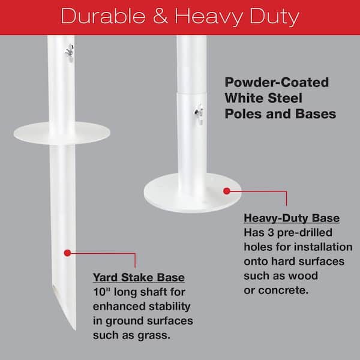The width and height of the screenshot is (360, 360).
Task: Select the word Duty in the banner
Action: click(x=272, y=16)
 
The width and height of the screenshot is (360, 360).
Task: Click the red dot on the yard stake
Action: click(x=67, y=253)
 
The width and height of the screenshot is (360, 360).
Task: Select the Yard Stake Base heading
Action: click(x=138, y=278)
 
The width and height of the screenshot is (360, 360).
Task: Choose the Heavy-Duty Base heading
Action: click(x=292, y=218)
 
